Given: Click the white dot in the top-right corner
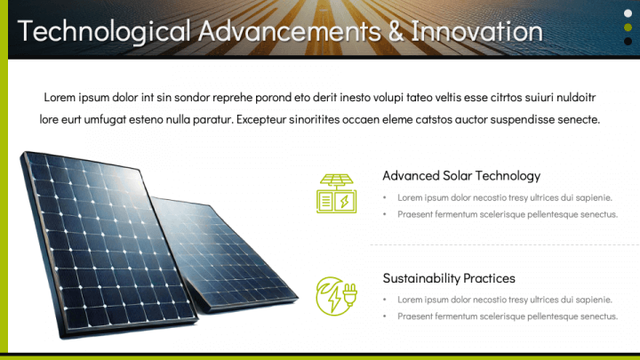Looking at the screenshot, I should [628, 12].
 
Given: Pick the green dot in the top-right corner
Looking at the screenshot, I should [628, 27].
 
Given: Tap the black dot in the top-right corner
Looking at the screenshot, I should [628, 41].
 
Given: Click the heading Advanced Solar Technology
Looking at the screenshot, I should [461, 175].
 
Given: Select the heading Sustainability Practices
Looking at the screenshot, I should [449, 278].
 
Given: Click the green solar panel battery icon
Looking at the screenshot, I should [337, 193].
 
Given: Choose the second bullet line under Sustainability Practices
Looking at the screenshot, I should [507, 316].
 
